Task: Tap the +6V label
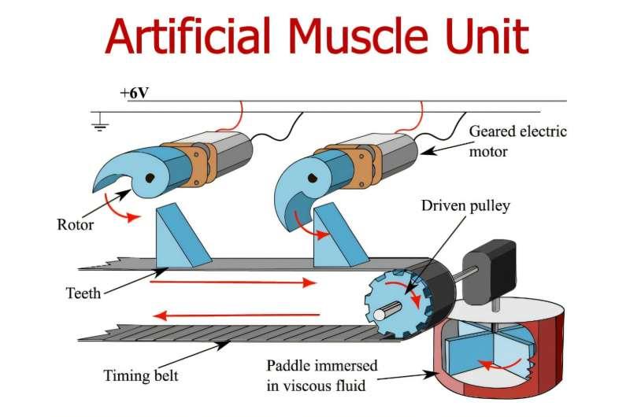tap(134, 93)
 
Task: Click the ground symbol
tap(100, 121)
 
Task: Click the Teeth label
tap(83, 293)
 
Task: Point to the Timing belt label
tap(140, 375)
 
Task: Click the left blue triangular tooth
tap(180, 236)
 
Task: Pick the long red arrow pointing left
tap(237, 316)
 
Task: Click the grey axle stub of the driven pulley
tap(380, 314)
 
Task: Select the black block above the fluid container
tap(490, 268)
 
